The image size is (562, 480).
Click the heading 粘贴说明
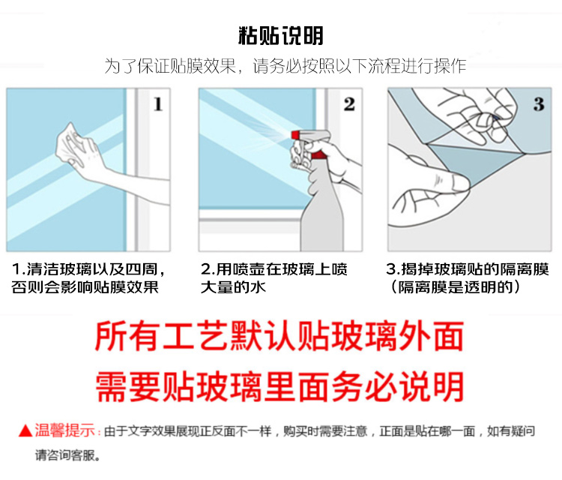coord(281,35)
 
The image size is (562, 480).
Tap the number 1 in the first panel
coord(158,104)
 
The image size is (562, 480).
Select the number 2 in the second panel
coord(349,104)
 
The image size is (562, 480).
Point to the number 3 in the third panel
coord(539,104)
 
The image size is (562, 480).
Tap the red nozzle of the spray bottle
coord(295,135)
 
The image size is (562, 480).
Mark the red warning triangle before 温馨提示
coord(25,430)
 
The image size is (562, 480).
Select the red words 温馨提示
coord(65,430)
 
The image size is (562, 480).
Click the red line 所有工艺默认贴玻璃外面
coord(280,336)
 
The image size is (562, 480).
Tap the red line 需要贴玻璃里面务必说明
coord(280,386)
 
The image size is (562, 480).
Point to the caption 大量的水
coord(233,287)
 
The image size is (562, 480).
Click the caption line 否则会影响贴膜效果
coord(85,287)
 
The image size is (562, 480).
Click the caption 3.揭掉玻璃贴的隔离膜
coord(468,269)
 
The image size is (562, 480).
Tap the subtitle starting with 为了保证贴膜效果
coord(285,66)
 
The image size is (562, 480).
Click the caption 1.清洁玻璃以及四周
coord(88,269)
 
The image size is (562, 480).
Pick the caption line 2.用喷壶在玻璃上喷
coord(274,269)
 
